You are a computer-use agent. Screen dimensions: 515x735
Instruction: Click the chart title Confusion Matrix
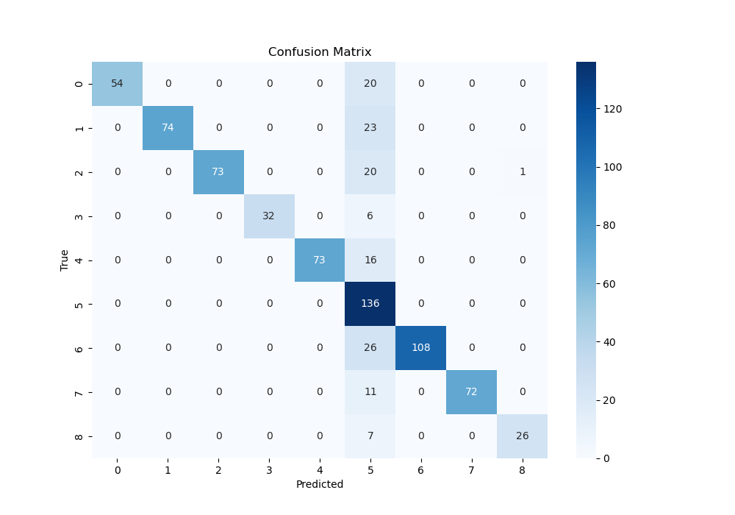point(320,52)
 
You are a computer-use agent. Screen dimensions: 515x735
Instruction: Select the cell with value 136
point(370,304)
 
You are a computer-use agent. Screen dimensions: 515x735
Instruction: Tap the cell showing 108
point(421,348)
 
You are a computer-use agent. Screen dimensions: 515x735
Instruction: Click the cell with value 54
point(117,84)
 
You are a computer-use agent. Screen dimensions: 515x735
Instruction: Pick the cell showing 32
point(269,216)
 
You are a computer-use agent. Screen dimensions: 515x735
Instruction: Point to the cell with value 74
point(168,128)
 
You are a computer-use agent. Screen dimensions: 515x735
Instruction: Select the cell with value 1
point(523,172)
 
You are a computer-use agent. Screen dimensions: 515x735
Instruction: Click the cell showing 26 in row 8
point(523,436)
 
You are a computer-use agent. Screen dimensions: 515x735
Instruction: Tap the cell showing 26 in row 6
point(370,348)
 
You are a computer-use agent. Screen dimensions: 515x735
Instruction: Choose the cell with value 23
point(370,128)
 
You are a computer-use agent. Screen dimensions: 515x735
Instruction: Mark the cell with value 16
point(370,260)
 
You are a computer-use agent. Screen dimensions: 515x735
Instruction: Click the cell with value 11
point(370,392)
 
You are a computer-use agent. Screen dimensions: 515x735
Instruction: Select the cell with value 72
point(472,392)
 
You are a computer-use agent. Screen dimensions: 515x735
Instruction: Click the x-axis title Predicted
point(320,485)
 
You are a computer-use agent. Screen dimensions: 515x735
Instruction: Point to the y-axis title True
point(65,260)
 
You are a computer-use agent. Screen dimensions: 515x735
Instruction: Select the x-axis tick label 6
point(421,470)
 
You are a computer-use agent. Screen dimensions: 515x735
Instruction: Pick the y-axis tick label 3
point(79,216)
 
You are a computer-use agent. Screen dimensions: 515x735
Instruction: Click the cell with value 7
point(370,436)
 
